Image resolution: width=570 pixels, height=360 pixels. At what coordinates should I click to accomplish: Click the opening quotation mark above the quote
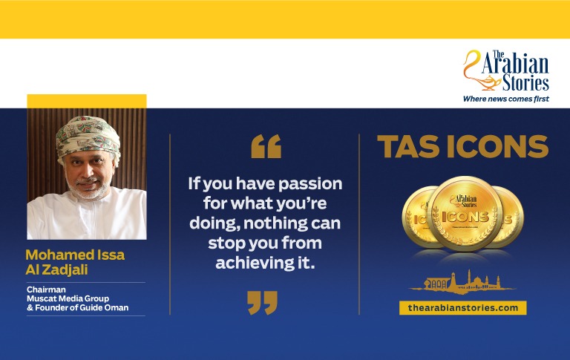coord(266,146)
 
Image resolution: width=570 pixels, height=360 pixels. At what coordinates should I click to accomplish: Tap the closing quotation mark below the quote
coord(263,302)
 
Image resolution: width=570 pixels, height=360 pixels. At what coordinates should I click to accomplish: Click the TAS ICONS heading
coord(463,146)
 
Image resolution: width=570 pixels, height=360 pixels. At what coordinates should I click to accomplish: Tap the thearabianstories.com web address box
coord(463,307)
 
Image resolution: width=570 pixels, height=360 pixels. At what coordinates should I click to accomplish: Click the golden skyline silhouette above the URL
coord(462,283)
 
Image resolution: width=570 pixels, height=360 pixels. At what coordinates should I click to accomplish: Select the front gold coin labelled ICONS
coord(465,214)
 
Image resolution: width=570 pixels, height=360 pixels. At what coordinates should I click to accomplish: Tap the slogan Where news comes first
coord(505,99)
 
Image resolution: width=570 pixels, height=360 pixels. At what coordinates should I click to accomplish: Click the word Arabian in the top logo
coord(515,64)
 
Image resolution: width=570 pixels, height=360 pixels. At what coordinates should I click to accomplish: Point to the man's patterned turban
coord(88,136)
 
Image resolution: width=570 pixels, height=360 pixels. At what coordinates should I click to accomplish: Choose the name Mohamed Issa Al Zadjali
coord(75,262)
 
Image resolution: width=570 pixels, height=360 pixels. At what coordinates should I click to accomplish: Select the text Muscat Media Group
coord(68,298)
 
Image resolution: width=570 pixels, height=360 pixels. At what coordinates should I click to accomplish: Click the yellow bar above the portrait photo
coord(87,101)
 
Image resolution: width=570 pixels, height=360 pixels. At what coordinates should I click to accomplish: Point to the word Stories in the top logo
coord(525,82)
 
